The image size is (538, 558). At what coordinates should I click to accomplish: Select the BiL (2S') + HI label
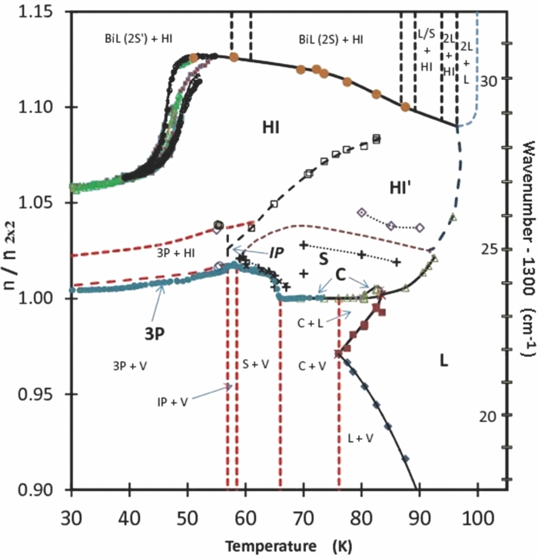[x=139, y=38]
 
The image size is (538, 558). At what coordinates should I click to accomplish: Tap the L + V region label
[x=357, y=437]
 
